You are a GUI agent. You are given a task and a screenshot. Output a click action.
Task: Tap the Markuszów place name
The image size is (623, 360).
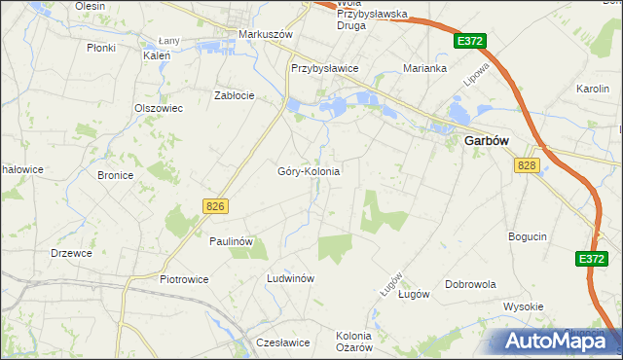(266, 34)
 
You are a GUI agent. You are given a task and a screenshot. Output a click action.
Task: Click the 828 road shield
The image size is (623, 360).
(528, 166)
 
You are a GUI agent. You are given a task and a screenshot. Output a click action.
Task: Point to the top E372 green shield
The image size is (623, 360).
(469, 41)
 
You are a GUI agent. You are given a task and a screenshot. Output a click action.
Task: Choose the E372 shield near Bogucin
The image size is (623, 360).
(591, 259)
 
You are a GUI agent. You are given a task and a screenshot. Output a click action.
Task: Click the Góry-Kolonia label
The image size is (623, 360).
(309, 171)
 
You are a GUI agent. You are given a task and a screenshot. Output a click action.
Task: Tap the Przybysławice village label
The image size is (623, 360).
(325, 69)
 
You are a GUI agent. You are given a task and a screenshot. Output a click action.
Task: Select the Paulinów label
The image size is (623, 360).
(232, 240)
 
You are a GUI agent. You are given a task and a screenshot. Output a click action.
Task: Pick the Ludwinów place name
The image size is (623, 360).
(290, 278)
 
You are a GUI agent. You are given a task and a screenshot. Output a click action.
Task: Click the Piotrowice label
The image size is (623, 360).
(184, 279)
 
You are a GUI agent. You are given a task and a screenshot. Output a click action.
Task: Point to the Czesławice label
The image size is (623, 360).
(282, 342)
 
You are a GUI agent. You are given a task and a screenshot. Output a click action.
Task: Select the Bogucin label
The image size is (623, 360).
(528, 236)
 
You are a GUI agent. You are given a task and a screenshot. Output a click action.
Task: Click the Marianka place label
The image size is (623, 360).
(425, 69)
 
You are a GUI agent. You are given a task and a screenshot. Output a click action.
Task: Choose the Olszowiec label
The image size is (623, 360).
(159, 108)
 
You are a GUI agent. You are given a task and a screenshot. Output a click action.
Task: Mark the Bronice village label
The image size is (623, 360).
(115, 176)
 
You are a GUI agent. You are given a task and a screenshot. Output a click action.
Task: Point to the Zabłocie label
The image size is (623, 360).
(235, 95)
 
